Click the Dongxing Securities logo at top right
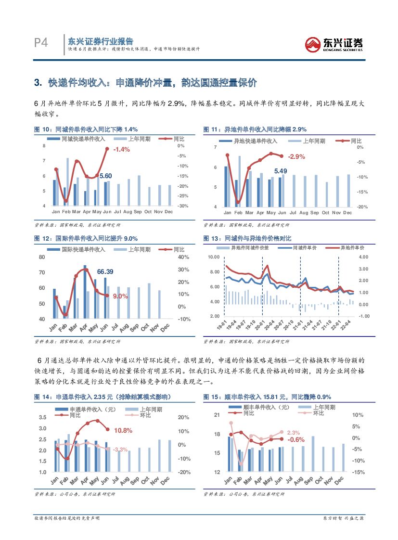[334, 44]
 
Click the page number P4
[41, 43]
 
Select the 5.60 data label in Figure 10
[105, 176]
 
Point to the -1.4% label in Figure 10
[121, 150]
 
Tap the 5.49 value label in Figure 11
[281, 171]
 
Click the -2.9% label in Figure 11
[296, 157]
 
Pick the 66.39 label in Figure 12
[105, 272]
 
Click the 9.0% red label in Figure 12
[120, 296]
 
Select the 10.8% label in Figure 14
[123, 430]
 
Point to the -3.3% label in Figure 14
[120, 449]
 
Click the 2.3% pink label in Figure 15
[293, 433]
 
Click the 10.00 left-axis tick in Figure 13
[213, 257]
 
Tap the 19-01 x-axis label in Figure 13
[221, 323]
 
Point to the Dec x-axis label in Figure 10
[168, 212]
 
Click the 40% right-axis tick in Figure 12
[183, 257]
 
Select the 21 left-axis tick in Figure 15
[217, 415]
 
